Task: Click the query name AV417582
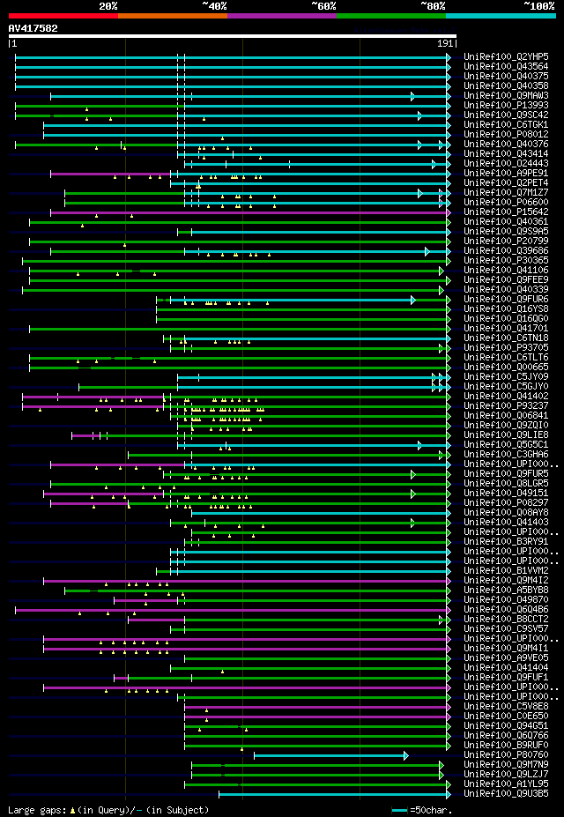pos(33,28)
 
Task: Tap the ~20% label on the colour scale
pos(108,5)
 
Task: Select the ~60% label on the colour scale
pos(323,5)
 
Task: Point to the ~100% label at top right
pos(539,5)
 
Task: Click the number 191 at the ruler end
pos(446,43)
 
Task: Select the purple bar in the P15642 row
pos(247,212)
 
